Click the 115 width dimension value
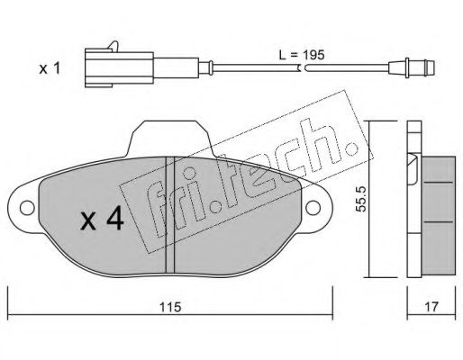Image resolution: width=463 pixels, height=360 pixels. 170,307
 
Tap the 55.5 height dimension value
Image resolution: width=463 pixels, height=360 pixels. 360,199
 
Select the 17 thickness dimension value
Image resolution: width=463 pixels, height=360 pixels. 431,307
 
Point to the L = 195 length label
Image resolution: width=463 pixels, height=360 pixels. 302,55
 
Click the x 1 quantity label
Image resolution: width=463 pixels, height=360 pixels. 50,68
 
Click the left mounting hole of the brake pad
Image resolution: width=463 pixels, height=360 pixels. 27,208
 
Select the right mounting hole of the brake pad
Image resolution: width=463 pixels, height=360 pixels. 313,208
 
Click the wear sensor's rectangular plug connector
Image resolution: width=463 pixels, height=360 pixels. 119,67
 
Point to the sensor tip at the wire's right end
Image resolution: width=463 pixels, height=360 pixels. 412,67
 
